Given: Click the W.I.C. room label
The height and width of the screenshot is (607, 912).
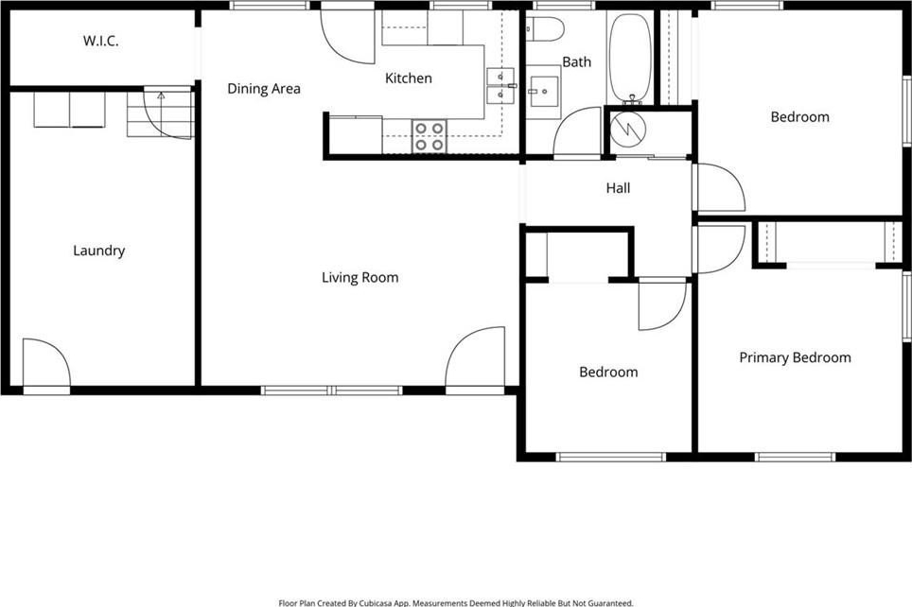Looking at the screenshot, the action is [100, 41].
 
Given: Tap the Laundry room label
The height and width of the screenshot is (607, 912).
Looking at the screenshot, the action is [99, 251].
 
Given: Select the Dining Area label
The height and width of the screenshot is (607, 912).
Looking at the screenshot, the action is [264, 88].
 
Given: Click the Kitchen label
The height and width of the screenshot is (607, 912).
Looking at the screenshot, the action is [409, 78].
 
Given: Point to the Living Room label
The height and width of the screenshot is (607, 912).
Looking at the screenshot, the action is [360, 277].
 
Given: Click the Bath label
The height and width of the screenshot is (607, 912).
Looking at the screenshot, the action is [576, 61].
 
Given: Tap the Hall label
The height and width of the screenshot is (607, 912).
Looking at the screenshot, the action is [618, 188].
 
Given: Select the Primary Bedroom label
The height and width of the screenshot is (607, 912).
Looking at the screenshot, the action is [795, 357].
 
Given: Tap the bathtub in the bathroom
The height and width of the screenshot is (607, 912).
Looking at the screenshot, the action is [630, 58].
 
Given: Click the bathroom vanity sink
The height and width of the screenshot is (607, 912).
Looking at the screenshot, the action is [544, 92].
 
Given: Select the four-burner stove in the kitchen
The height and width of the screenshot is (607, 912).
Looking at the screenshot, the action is [430, 137].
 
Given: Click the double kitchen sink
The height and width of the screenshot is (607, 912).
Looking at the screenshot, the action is [500, 85].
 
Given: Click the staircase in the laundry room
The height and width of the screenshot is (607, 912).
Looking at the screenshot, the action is [160, 113].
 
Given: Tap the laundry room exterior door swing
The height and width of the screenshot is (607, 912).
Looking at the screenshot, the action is [46, 362].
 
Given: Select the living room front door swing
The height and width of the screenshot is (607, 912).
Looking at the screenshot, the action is [475, 356].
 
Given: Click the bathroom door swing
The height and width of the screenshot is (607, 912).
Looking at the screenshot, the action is [577, 131].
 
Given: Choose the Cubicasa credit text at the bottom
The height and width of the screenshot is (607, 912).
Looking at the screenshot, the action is [456, 603].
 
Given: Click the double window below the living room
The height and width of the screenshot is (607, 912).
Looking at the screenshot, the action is [331, 390].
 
